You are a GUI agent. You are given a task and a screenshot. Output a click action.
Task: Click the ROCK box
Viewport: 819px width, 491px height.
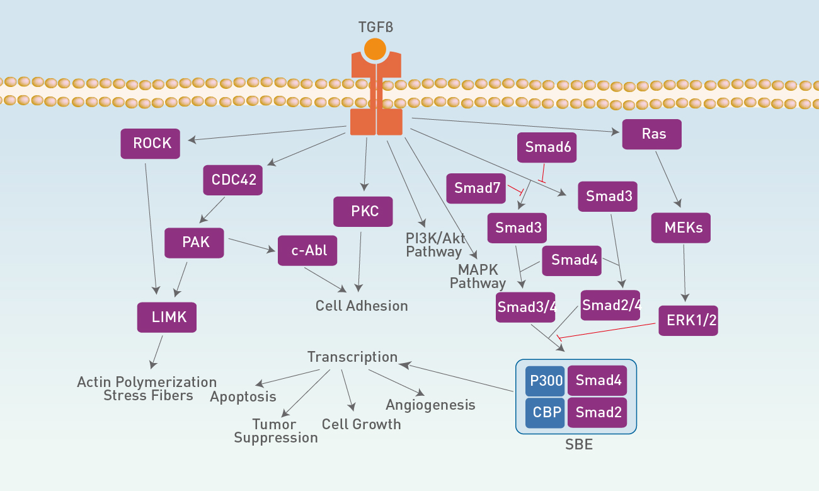coord(150,144)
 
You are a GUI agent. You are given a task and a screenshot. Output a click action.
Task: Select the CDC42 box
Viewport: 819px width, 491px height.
coord(232,180)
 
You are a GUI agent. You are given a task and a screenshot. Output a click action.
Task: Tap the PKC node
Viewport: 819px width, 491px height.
coord(363,212)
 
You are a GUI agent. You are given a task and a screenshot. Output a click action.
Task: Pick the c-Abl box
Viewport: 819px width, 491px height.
coord(307,251)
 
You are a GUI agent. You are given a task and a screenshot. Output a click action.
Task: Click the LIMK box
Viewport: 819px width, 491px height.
coord(167,317)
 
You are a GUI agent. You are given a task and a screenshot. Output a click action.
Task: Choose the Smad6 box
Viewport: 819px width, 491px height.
coord(547,147)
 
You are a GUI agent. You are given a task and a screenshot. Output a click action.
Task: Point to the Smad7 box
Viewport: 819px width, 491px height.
coord(476,188)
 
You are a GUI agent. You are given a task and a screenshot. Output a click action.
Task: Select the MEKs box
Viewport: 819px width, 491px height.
coord(680,228)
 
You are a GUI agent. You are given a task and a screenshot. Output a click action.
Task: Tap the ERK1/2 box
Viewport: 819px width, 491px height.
coord(688,321)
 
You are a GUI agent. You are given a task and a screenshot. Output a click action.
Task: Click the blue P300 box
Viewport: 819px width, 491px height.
coord(545,381)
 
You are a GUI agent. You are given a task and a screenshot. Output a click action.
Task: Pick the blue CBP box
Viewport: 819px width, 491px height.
coord(545,413)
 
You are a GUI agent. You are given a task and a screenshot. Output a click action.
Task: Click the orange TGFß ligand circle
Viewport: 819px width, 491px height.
coord(375,49)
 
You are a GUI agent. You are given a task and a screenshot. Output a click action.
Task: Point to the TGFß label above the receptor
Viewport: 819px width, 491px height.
coord(375,27)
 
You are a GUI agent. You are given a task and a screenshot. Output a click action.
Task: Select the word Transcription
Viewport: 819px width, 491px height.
coord(352,357)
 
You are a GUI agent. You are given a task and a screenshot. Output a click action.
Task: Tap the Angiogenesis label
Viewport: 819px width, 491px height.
coord(430,405)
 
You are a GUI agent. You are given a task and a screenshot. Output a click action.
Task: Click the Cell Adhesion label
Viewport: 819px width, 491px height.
coord(362,306)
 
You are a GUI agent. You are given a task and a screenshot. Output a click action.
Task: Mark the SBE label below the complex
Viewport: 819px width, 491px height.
coord(578,445)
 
